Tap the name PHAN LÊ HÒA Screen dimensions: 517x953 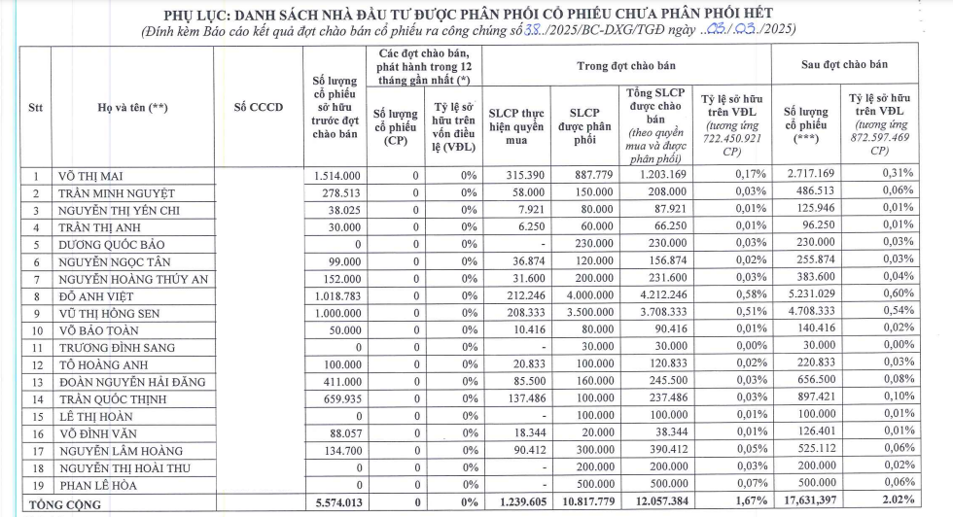98,485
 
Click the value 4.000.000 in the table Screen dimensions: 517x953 587,295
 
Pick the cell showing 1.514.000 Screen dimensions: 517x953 337,175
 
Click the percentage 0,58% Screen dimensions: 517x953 732,295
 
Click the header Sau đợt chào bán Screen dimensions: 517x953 843,64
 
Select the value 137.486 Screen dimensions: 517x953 521,398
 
